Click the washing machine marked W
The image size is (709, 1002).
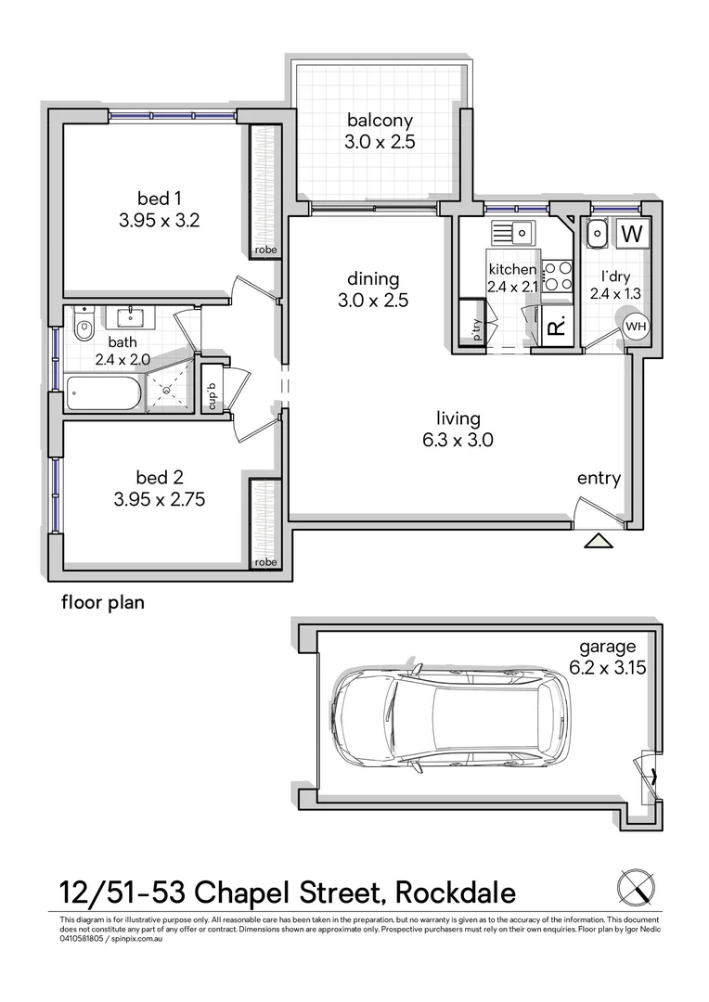point(634,235)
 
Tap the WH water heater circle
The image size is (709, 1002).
point(636,327)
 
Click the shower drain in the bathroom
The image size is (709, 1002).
point(167,392)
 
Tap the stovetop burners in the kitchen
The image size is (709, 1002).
point(557,276)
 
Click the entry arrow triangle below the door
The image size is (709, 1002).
point(599,541)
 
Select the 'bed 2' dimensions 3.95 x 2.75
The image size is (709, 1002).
point(159,499)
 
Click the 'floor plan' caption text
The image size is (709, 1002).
point(103,601)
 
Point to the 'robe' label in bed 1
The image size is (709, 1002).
point(265,250)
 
